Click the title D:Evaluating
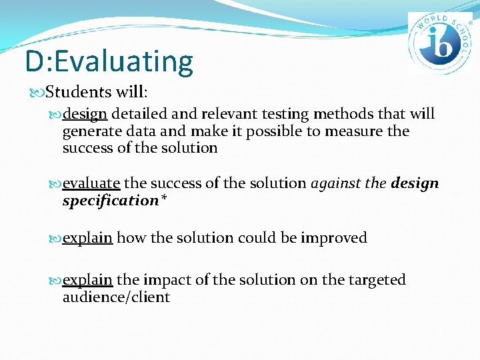coord(109,61)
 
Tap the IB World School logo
coord(439,43)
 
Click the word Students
coord(69,91)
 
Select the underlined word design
coord(89,115)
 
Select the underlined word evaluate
coord(91,183)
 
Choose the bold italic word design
coord(415,183)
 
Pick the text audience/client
coord(116,297)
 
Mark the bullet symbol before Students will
coord(32,91)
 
